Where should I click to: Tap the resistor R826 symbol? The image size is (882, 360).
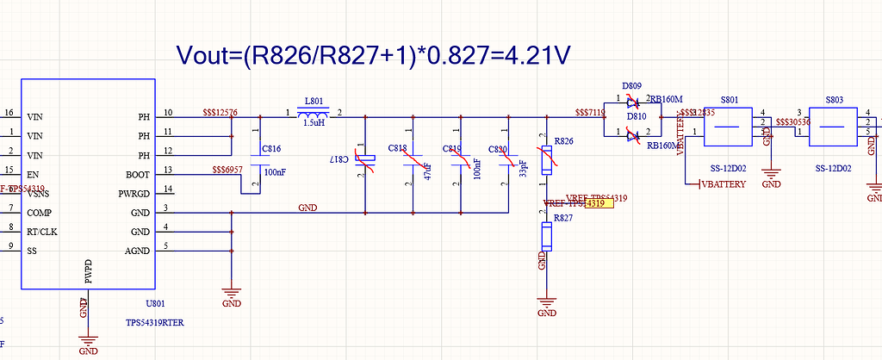pyautogui.click(x=546, y=159)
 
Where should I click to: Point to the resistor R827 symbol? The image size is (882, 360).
pyautogui.click(x=546, y=236)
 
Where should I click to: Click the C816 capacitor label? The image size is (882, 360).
pyautogui.click(x=271, y=149)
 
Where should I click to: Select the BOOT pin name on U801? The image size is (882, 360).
pyautogui.click(x=137, y=174)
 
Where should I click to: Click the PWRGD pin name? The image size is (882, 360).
pyautogui.click(x=132, y=194)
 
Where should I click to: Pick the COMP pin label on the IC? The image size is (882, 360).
pyautogui.click(x=40, y=212)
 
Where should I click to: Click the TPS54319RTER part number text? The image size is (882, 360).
pyautogui.click(x=155, y=323)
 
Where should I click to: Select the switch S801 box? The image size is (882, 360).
pyautogui.click(x=729, y=127)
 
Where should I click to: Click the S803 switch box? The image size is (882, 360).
pyautogui.click(x=833, y=127)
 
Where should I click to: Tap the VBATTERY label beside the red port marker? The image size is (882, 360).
pyautogui.click(x=724, y=184)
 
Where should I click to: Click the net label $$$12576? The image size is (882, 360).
pyautogui.click(x=220, y=113)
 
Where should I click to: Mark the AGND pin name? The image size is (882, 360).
pyautogui.click(x=137, y=251)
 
